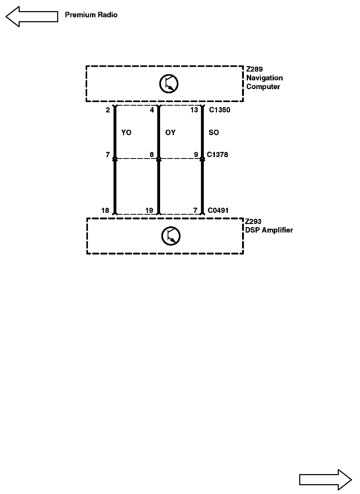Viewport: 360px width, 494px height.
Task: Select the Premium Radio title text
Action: click(x=91, y=15)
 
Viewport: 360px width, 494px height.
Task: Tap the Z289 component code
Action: click(x=254, y=69)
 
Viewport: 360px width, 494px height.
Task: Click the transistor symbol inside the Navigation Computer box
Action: click(x=169, y=84)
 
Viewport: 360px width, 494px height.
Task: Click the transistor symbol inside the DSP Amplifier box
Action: click(x=171, y=236)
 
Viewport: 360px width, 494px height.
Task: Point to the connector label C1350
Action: click(x=220, y=110)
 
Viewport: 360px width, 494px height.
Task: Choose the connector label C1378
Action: click(x=218, y=155)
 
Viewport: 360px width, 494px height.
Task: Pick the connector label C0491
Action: click(x=218, y=211)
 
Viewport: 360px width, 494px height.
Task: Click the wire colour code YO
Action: click(x=126, y=133)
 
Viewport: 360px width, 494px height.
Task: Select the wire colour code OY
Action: click(x=170, y=133)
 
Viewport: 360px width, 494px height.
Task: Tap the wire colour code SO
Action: click(x=214, y=133)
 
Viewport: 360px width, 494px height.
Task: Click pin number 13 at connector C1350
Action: click(x=194, y=110)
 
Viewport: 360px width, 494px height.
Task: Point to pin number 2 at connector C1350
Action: click(x=108, y=110)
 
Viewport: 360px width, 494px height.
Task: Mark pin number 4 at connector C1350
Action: click(x=152, y=110)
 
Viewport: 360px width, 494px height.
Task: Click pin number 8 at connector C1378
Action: click(x=152, y=155)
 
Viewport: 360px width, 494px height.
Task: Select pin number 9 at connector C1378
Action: click(x=196, y=155)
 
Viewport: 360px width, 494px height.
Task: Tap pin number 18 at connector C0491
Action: click(x=105, y=211)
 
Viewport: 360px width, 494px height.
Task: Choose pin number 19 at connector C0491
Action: click(x=149, y=211)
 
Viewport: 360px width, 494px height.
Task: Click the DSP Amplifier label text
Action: click(x=269, y=230)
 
